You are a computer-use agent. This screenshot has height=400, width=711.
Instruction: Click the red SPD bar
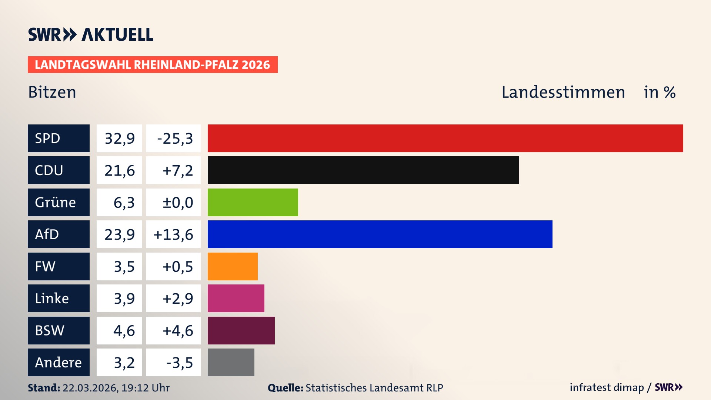[445, 138]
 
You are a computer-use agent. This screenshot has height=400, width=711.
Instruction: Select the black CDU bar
[363, 170]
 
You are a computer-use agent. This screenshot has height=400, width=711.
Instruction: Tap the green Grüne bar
[253, 202]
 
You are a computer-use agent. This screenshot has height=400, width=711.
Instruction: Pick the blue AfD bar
[380, 234]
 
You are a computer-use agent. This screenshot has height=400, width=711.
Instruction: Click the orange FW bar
[233, 266]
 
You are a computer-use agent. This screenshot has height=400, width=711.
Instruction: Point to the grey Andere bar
[231, 362]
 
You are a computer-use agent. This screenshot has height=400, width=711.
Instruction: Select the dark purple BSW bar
[241, 330]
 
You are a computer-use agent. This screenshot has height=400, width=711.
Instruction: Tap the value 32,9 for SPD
[119, 139]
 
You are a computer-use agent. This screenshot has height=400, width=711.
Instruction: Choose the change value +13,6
[173, 234]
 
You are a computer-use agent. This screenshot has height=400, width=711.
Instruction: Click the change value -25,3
[175, 139]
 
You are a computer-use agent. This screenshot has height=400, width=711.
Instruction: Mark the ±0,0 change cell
[177, 203]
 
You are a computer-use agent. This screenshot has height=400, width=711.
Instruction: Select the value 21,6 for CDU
[119, 170]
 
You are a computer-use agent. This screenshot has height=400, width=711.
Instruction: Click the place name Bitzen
[52, 92]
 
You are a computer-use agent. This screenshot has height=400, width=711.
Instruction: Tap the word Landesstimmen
[563, 92]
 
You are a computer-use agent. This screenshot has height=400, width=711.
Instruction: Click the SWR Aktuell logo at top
[90, 34]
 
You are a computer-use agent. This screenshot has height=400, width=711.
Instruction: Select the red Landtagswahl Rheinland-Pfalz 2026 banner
[152, 65]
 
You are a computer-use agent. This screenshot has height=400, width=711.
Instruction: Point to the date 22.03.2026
[90, 388]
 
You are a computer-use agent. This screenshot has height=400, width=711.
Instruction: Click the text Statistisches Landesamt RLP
[374, 388]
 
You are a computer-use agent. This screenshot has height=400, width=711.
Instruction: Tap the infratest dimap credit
[607, 387]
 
